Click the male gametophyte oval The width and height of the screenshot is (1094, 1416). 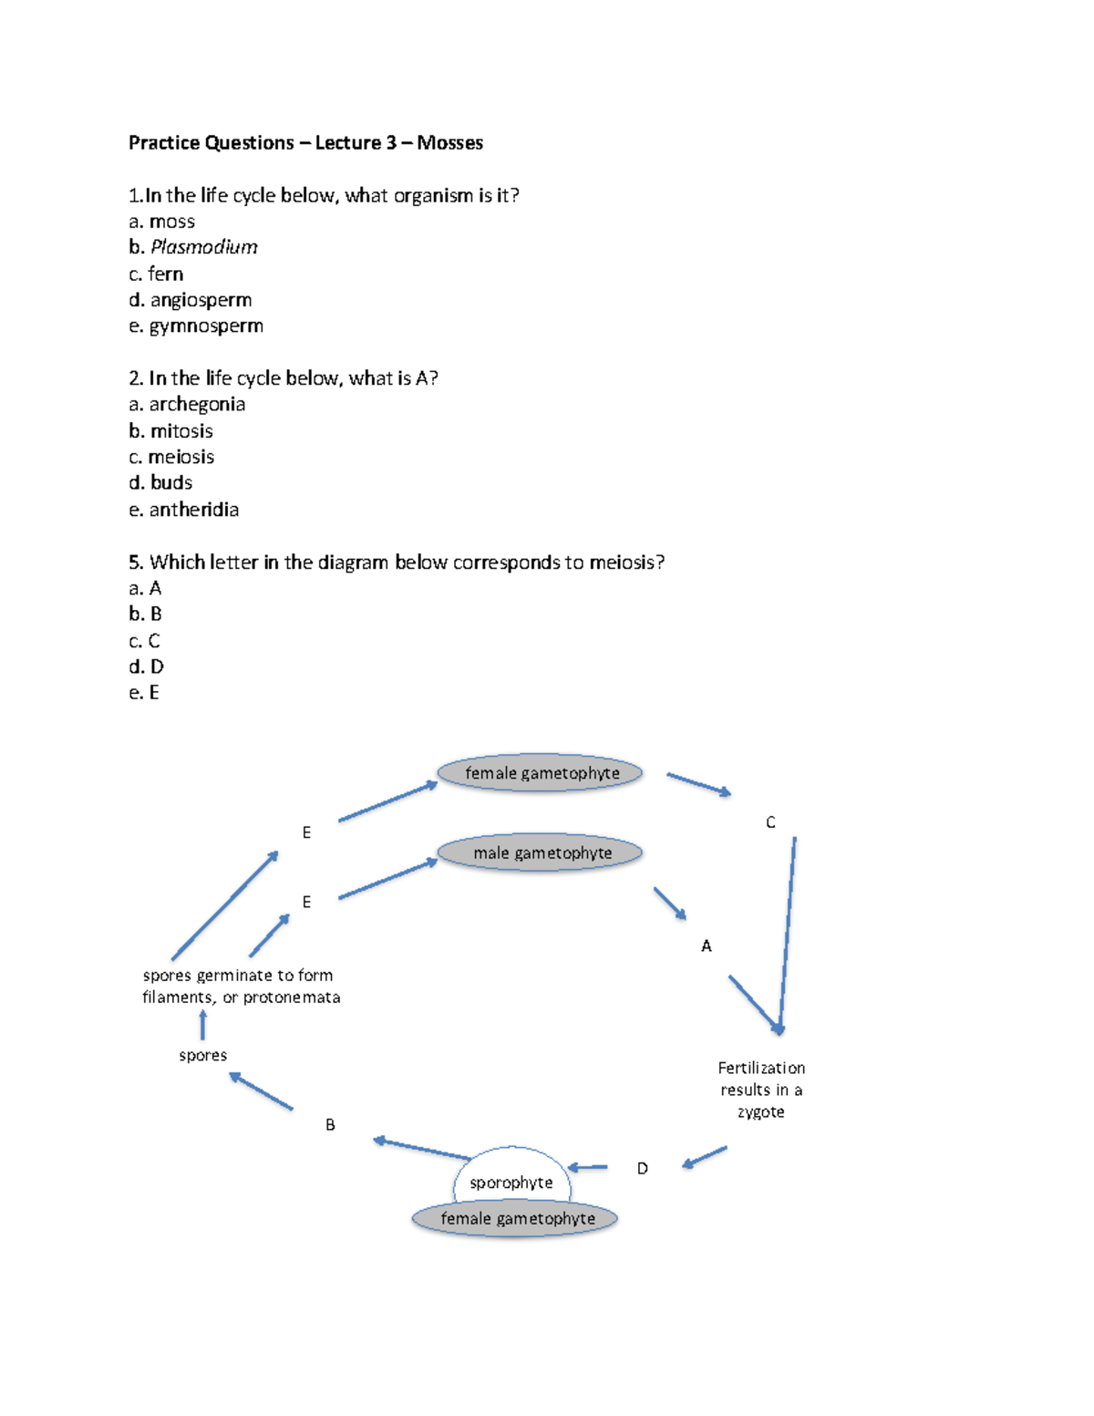(540, 853)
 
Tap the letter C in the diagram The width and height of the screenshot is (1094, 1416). (770, 822)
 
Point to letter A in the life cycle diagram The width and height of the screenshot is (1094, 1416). (707, 946)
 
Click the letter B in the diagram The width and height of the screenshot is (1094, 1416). (330, 1125)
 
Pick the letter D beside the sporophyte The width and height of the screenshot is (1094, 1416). (643, 1169)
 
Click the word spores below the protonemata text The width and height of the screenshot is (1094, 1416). (203, 1056)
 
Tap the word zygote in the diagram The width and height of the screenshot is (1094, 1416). (761, 1112)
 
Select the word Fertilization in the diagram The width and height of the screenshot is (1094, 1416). (761, 1068)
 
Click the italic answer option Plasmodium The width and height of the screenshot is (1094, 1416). (203, 247)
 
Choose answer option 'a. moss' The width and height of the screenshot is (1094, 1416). (162, 222)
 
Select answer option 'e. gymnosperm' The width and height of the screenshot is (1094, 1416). (196, 326)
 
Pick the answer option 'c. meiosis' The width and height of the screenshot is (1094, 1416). (171, 457)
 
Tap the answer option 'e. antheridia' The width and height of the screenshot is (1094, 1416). (184, 510)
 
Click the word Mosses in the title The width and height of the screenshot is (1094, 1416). (449, 143)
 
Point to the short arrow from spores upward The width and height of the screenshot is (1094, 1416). (202, 1025)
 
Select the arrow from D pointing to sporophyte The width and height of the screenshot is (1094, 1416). (588, 1167)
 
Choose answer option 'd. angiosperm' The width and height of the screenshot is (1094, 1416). (191, 300)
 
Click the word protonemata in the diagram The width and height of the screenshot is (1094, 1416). (292, 997)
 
